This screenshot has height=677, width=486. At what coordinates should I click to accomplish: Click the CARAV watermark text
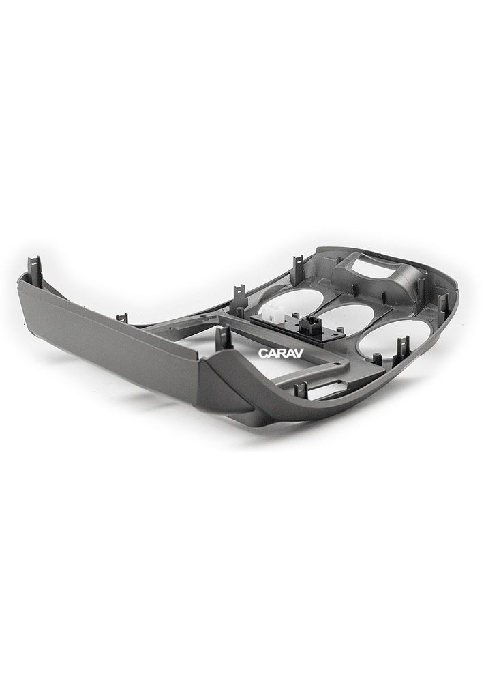pyautogui.click(x=281, y=353)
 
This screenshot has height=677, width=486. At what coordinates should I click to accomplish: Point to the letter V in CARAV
pyautogui.click(x=299, y=353)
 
